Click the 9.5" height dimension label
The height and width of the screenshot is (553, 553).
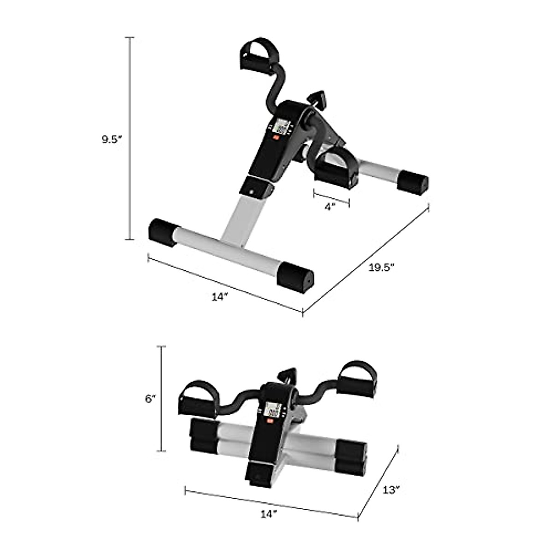tap(111, 140)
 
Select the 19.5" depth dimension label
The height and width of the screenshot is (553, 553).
tap(382, 268)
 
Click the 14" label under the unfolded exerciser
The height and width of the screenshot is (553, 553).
tap(220, 297)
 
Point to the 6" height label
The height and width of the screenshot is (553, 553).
tap(151, 399)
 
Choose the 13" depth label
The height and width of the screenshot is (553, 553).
tap(390, 490)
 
